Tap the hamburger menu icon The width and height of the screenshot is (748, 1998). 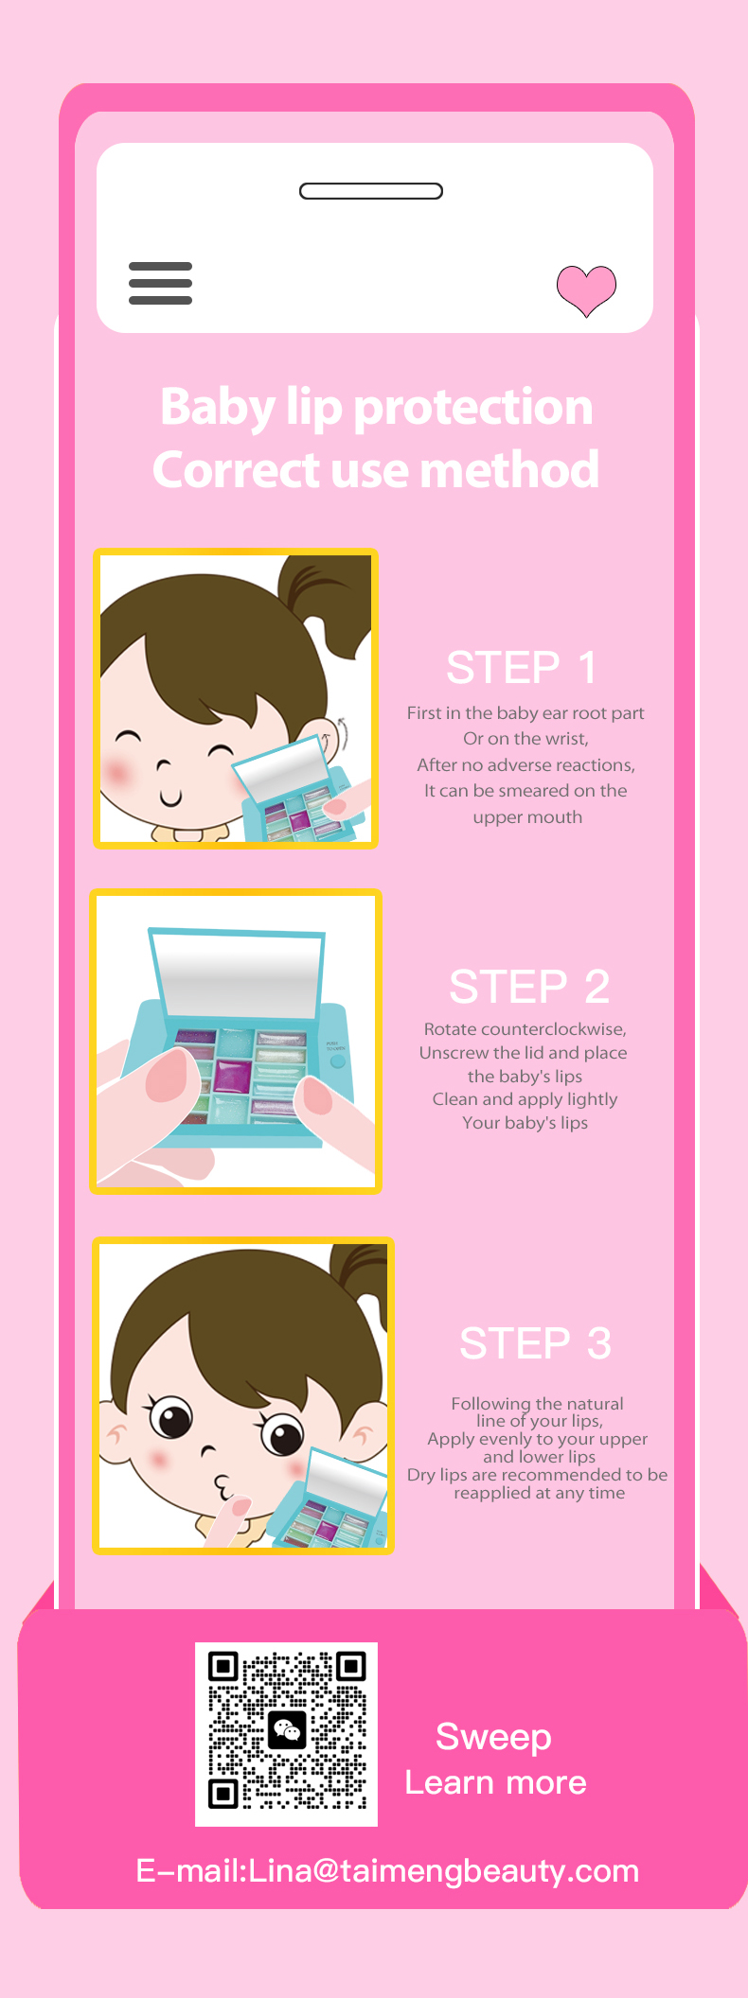160,283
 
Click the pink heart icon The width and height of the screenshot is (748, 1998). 586,290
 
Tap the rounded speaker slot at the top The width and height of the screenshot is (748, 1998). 371,191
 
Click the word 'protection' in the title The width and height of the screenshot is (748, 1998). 472,408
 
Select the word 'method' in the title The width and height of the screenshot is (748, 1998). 509,469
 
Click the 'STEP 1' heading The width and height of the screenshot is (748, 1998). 522,668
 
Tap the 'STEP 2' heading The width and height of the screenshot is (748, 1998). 529,987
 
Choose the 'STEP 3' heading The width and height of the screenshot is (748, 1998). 535,1343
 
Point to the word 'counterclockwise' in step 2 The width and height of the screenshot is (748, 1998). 553,1029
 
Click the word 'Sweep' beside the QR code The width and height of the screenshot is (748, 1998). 493,1737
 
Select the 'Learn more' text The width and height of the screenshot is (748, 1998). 496,1782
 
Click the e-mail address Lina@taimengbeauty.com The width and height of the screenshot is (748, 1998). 444,1871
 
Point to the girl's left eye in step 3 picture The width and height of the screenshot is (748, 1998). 282,1434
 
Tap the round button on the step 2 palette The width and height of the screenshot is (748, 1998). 337,1061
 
